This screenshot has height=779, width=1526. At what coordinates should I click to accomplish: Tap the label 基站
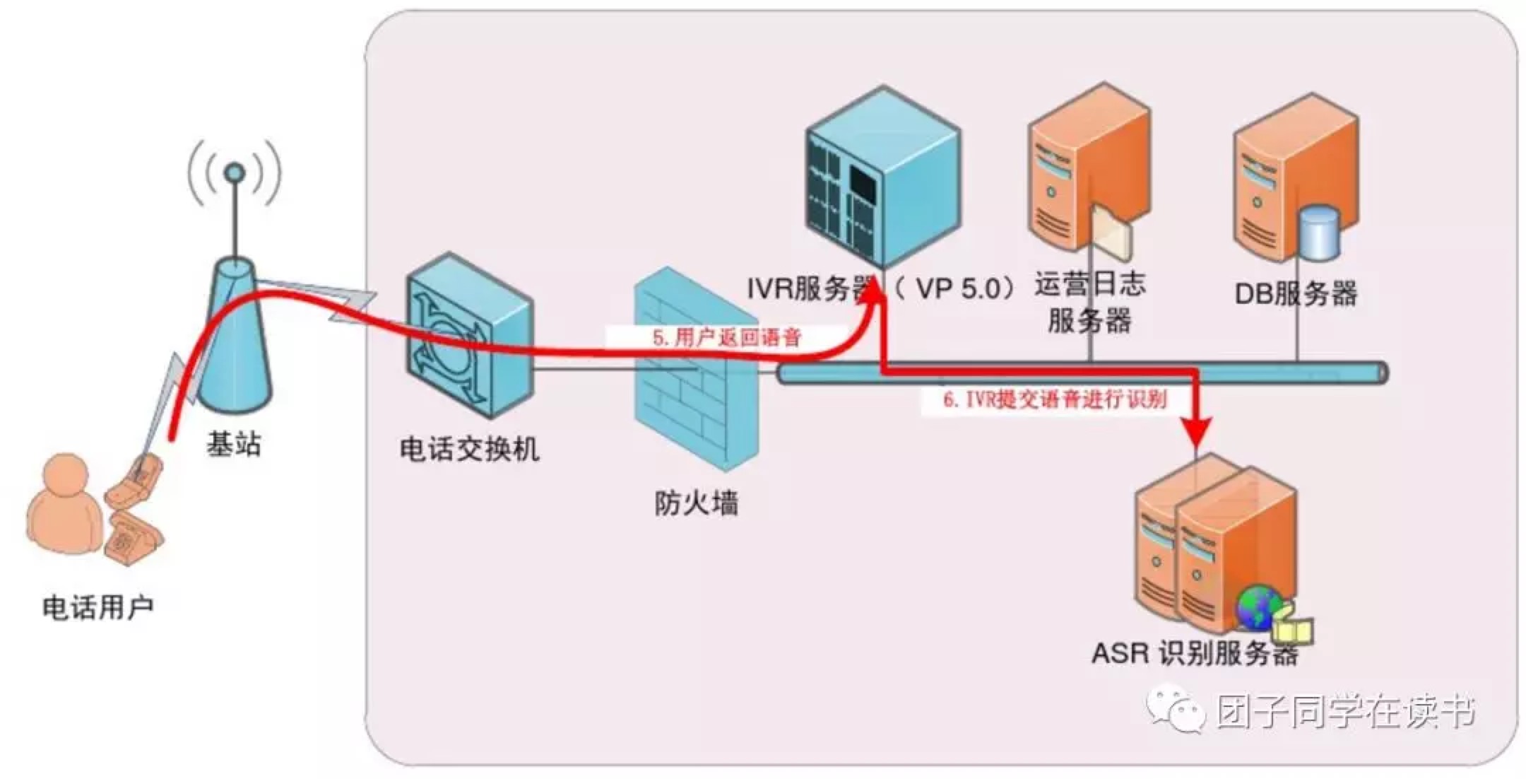pos(234,445)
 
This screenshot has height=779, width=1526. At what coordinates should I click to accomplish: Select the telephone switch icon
pos(468,336)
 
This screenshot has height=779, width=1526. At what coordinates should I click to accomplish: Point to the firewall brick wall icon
pos(696,368)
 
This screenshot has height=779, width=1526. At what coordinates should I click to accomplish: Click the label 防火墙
pos(696,503)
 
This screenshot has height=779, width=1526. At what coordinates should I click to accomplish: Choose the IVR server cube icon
pos(883,177)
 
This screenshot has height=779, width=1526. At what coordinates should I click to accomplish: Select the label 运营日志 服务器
pos(1089,303)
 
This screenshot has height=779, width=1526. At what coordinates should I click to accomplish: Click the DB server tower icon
pos(1294,177)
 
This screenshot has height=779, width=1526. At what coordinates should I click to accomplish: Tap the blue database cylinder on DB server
pos(1318,232)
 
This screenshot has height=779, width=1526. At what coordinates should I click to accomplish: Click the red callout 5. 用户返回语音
pos(727,337)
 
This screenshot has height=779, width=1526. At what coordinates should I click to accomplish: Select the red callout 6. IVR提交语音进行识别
pos(1054,400)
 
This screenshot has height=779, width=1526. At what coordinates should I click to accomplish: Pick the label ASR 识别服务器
pos(1195,653)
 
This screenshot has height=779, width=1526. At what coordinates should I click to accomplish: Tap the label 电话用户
pos(97,607)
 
